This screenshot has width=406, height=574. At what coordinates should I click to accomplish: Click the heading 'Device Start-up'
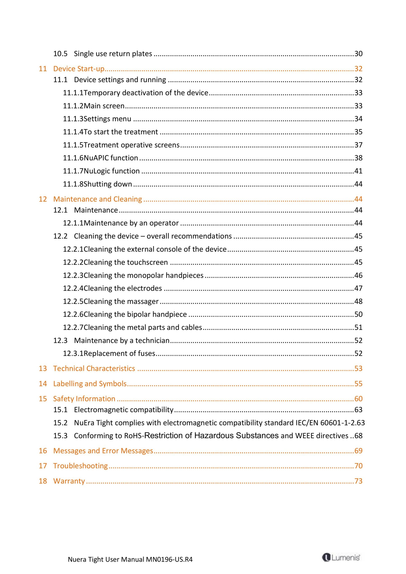(x=79, y=69)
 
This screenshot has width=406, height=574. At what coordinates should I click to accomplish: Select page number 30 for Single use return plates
(x=358, y=54)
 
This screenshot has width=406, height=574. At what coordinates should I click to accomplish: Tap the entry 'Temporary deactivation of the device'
(x=146, y=93)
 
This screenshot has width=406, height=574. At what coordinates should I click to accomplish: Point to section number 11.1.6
(x=73, y=158)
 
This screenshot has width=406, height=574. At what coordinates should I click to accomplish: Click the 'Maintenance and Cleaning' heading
(x=98, y=199)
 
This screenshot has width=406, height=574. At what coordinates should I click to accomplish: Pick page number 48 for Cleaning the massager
(x=358, y=301)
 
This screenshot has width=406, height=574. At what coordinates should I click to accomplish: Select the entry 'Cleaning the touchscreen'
(x=126, y=262)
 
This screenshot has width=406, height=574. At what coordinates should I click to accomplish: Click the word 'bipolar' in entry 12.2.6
(x=139, y=314)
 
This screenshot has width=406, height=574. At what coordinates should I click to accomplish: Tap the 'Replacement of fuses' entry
(x=119, y=353)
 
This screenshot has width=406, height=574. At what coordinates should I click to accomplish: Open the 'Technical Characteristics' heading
(x=94, y=368)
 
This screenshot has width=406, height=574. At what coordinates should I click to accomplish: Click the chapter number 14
(x=43, y=383)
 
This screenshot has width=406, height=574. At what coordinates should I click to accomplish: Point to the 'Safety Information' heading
(x=84, y=398)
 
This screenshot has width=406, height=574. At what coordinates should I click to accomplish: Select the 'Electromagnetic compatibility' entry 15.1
(x=124, y=409)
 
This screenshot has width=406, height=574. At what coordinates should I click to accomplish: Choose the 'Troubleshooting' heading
(x=80, y=466)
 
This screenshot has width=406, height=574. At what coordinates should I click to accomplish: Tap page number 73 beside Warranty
(x=358, y=481)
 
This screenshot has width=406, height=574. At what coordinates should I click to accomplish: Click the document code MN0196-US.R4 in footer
(x=169, y=559)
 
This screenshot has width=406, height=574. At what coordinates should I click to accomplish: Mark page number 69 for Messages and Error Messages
(x=358, y=450)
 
